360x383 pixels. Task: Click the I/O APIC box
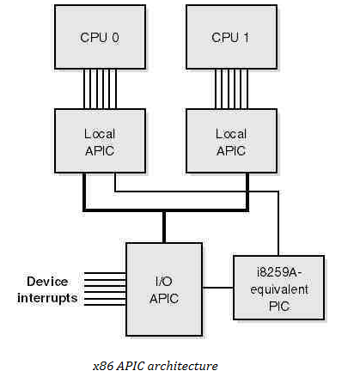pyautogui.click(x=164, y=289)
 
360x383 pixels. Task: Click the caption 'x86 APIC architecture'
pyautogui.click(x=156, y=366)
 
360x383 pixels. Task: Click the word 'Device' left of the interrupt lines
pyautogui.click(x=47, y=282)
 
